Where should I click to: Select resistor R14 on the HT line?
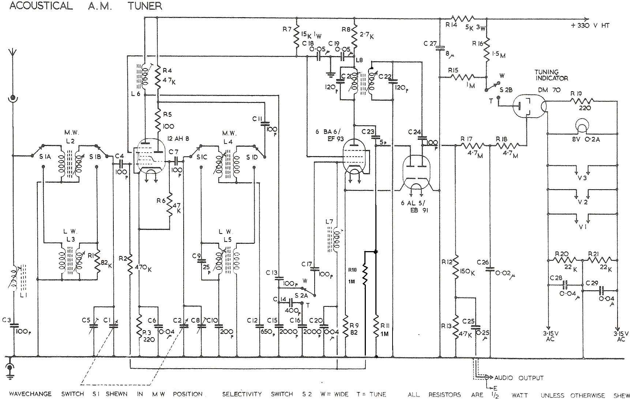point(463,18)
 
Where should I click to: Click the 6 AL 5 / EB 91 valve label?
point(414,207)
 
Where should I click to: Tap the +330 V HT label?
point(590,26)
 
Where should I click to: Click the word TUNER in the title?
point(145,6)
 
